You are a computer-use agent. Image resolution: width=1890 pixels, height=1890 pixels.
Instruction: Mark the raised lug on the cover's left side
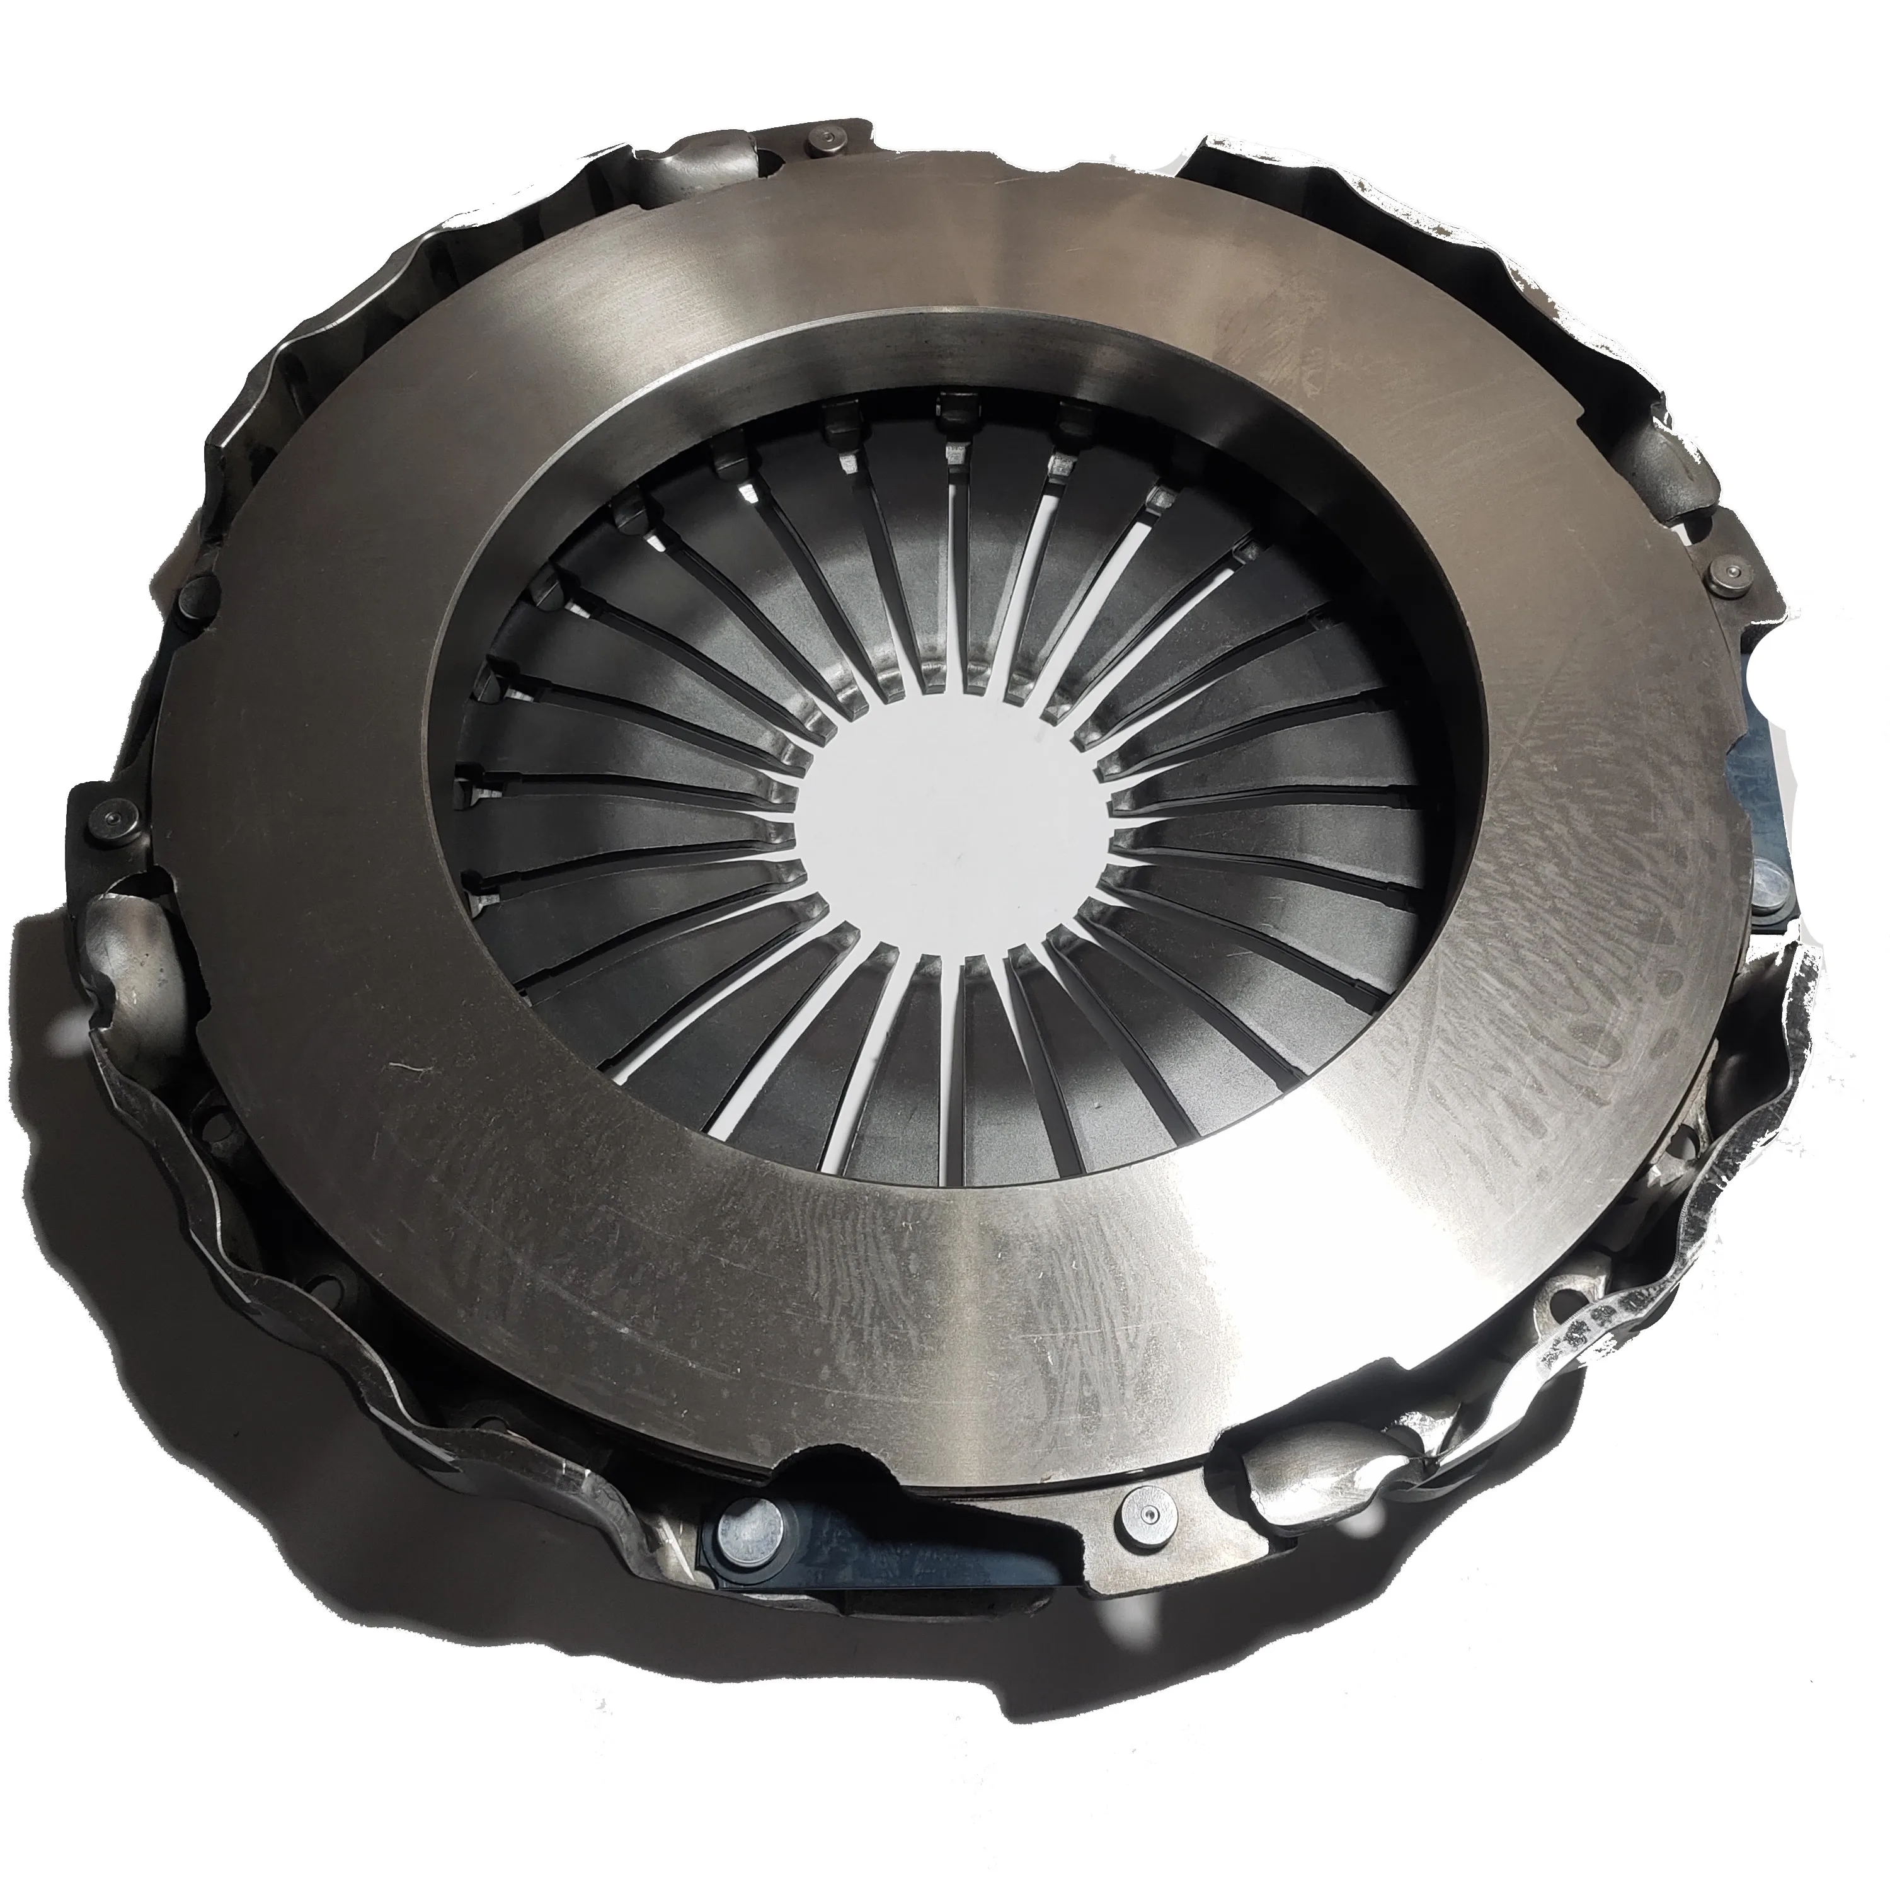(127, 939)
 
